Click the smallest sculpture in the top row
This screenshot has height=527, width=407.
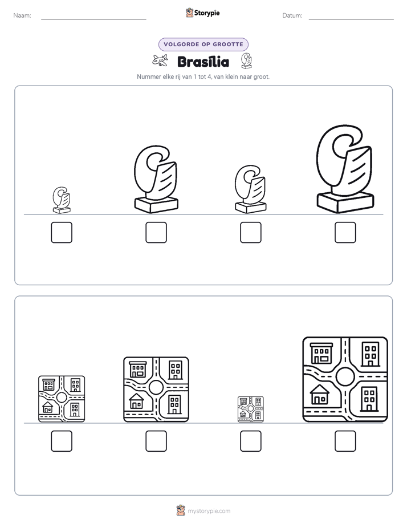pyautogui.click(x=62, y=200)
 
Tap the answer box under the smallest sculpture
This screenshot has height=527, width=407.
pyautogui.click(x=62, y=232)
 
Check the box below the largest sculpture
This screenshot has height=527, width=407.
pyautogui.click(x=345, y=232)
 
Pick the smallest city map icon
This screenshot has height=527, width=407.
pyautogui.click(x=250, y=409)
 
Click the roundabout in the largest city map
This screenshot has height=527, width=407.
pyautogui.click(x=345, y=376)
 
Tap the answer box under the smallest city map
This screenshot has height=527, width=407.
pyautogui.click(x=250, y=441)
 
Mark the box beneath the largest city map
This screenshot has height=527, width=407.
pyautogui.click(x=345, y=441)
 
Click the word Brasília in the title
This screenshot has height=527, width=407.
pyautogui.click(x=203, y=62)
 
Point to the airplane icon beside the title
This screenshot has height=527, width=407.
pyautogui.click(x=160, y=60)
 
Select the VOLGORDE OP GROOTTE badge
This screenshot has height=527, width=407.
pyautogui.click(x=203, y=44)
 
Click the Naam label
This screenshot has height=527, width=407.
pyautogui.click(x=22, y=15)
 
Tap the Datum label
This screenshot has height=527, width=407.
pyautogui.click(x=292, y=15)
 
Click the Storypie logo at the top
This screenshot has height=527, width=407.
pyautogui.click(x=202, y=13)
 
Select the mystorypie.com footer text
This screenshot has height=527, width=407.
pyautogui.click(x=209, y=511)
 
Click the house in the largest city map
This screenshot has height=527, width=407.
pyautogui.click(x=320, y=395)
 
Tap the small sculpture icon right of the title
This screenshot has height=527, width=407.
pyautogui.click(x=246, y=61)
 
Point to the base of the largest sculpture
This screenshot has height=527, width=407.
pyautogui.click(x=345, y=202)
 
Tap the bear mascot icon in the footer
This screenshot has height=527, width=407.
pyautogui.click(x=181, y=510)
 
